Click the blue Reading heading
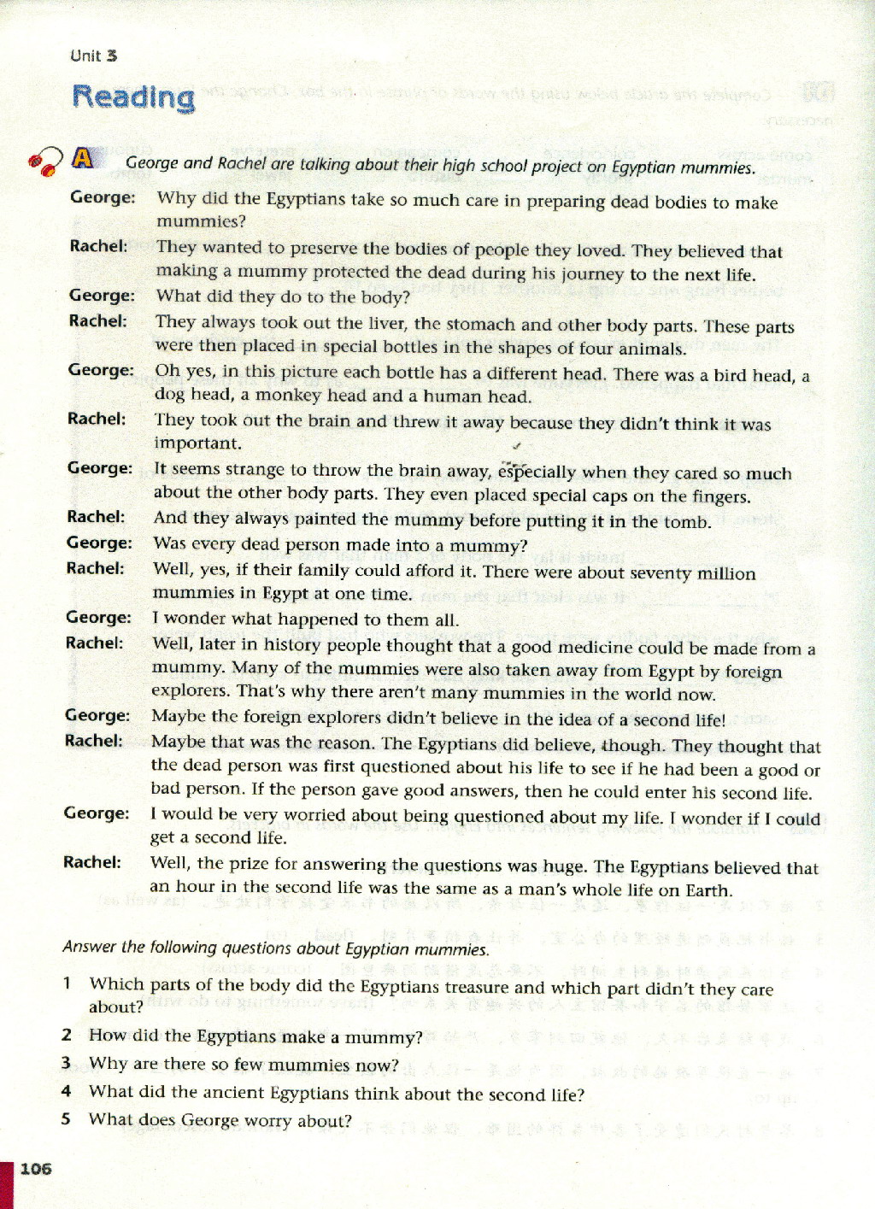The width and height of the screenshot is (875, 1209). tap(133, 97)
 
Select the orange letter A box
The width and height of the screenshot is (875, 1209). tap(83, 158)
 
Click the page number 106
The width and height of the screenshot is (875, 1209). tap(36, 1168)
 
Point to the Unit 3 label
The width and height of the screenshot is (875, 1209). tap(94, 56)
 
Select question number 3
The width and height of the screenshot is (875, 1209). tap(66, 1063)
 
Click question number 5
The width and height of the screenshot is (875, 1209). tap(66, 1118)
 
